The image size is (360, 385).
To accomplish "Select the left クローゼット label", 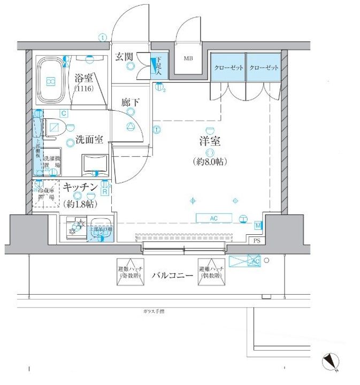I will click(228, 68).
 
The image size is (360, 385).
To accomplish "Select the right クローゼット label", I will click(264, 68).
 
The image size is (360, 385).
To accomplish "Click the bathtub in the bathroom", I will click(50, 81).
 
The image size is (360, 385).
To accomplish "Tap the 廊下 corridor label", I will click(130, 102).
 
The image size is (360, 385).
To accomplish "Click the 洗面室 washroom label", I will click(88, 140).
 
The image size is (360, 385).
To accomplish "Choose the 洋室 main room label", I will click(210, 143).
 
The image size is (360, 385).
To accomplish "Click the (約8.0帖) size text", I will click(210, 161).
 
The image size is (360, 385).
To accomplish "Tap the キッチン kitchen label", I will click(80, 187).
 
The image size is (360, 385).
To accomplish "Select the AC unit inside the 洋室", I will click(214, 218).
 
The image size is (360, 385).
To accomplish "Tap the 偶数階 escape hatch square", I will click(210, 272).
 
